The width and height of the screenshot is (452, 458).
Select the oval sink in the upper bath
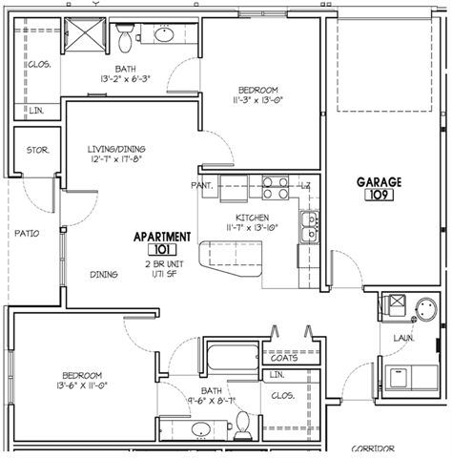coord(164,36)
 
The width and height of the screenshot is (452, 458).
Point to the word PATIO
coord(26,232)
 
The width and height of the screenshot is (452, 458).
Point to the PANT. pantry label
coord(201,184)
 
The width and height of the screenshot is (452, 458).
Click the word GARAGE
coord(380,181)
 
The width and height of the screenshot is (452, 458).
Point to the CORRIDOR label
coord(373,448)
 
